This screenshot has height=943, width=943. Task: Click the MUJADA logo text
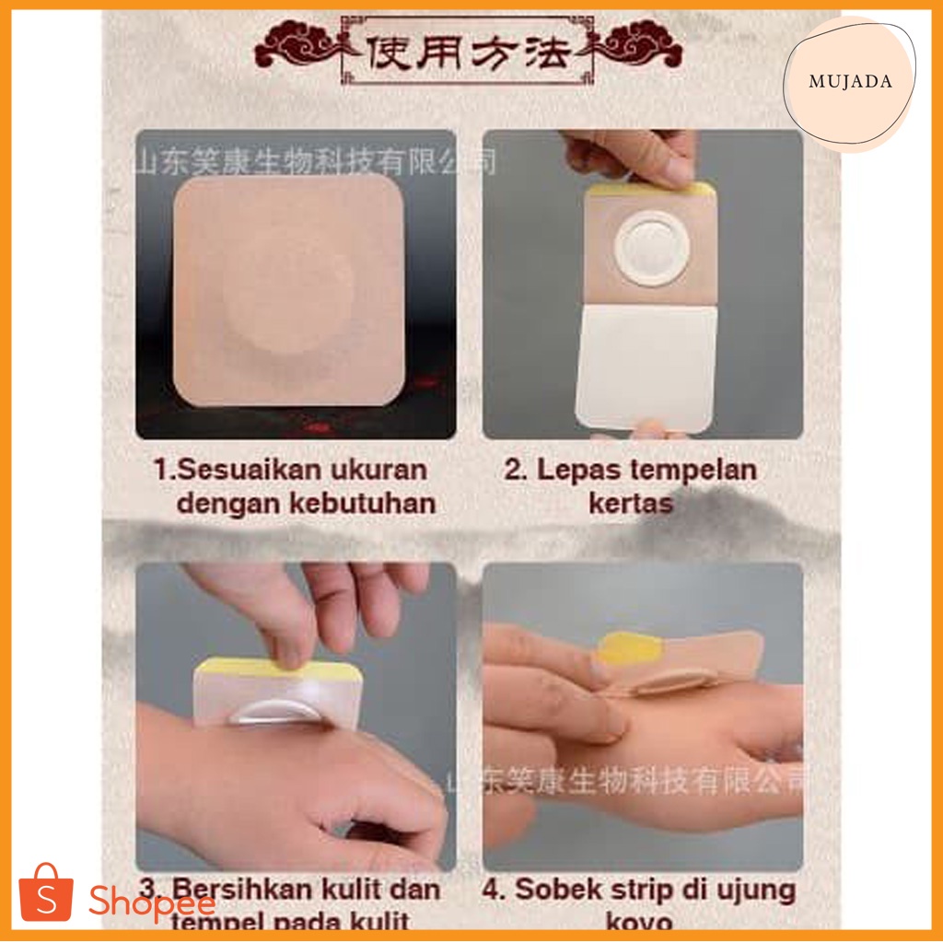[849, 82]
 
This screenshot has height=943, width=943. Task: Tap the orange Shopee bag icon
[45, 893]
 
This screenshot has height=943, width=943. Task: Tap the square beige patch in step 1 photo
[288, 290]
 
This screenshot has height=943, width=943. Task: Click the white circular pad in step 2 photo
[651, 246]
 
